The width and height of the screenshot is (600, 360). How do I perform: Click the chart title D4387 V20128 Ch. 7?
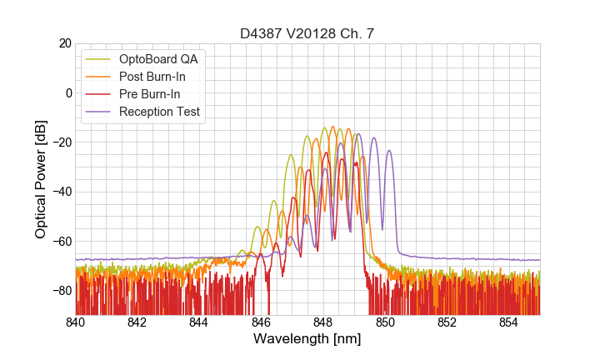pos(307,33)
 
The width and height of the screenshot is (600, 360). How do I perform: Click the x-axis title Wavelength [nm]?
pos(307,340)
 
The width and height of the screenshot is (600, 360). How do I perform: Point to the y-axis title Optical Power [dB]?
pos(41,178)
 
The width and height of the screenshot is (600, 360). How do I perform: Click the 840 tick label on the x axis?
pos(76,322)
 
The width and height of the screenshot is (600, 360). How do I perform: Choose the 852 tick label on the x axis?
pos(447,322)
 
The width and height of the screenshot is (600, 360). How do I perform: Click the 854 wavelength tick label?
pos(508,322)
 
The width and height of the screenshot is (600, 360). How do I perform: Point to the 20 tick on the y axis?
pos(64,43)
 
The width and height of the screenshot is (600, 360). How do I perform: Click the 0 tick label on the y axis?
pos(67,92)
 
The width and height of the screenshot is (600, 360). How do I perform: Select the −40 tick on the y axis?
pos(60,192)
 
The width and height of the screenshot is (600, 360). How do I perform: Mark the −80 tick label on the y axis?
pos(60,291)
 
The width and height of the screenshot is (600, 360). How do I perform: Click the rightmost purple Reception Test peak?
pos(388,151)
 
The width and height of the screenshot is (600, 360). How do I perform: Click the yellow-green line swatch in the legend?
pos(100,59)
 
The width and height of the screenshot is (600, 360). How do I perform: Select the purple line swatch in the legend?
pos(100,112)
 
